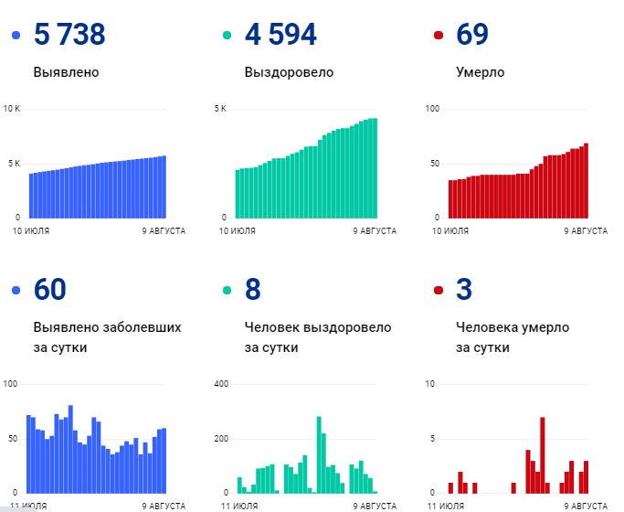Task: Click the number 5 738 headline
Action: click(69, 35)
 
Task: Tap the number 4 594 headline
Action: click(280, 35)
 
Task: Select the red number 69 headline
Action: click(472, 35)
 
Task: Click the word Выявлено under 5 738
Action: click(66, 72)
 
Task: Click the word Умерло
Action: click(480, 72)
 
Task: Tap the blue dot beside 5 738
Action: click(16, 36)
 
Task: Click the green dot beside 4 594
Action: click(227, 36)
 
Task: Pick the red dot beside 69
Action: click(439, 36)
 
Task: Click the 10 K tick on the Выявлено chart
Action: click(12, 109)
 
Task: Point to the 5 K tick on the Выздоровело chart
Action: click(220, 109)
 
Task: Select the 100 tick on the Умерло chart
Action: click(433, 109)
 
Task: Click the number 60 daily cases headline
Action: click(50, 290)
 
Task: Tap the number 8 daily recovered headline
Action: click(253, 290)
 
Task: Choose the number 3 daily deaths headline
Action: click(464, 290)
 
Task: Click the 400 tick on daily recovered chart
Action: click(219, 383)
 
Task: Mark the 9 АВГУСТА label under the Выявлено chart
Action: click(164, 231)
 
